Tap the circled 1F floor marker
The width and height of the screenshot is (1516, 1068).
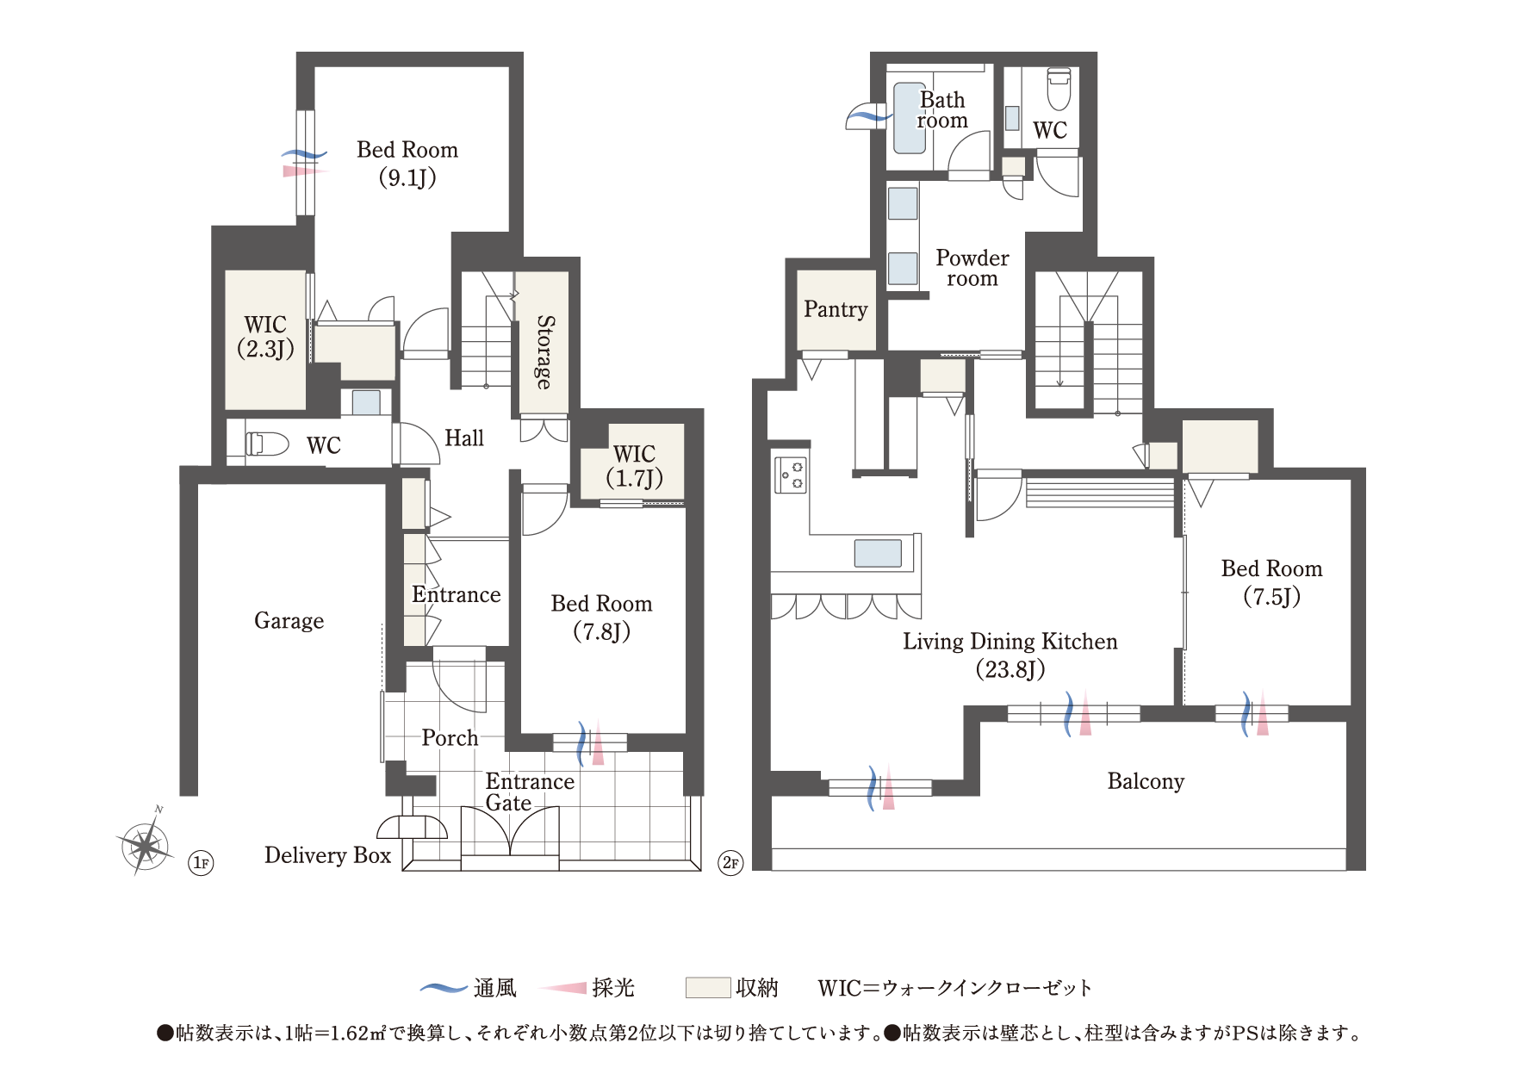click(x=201, y=862)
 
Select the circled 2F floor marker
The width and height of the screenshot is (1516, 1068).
click(x=730, y=862)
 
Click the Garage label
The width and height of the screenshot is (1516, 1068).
click(x=289, y=621)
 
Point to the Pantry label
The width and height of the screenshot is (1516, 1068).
click(x=835, y=309)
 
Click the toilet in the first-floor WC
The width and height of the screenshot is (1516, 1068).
click(x=268, y=444)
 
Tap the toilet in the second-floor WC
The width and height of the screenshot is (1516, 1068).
click(x=1058, y=89)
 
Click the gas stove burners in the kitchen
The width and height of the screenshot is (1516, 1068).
click(x=792, y=475)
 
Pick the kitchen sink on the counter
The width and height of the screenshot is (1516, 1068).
click(x=878, y=553)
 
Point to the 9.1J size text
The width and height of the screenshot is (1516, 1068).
click(x=407, y=178)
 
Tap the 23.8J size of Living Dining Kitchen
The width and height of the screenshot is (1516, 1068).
click(x=1010, y=669)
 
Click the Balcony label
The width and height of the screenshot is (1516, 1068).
click(x=1145, y=781)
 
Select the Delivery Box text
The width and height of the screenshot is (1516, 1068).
click(x=327, y=855)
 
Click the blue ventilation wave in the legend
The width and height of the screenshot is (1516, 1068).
click(x=444, y=988)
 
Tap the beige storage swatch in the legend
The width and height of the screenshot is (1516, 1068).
click(x=707, y=988)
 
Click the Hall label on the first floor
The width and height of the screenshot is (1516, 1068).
click(x=463, y=438)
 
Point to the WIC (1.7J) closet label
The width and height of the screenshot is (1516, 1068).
click(x=634, y=466)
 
